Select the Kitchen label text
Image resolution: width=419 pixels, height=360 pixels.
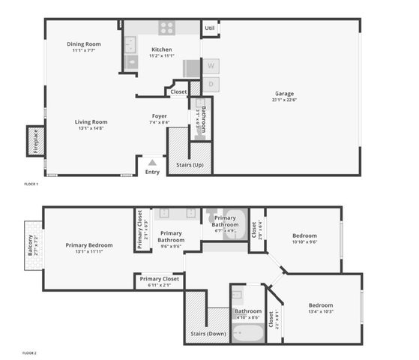coord(161,49)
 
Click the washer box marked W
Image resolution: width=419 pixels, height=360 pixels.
coord(211,66)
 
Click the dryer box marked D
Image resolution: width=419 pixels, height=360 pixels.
coord(211,85)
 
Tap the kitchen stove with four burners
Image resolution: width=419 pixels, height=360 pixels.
coord(166,28)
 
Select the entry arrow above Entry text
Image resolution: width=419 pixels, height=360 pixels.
coord(152,162)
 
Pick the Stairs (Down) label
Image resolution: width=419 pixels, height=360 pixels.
coord(208,334)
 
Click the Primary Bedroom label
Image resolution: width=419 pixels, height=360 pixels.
coord(88,245)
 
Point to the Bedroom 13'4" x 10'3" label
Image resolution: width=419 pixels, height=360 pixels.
coord(320,305)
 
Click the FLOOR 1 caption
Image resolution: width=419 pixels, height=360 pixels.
coord(30,184)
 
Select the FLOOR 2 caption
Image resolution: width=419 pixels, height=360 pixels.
coord(30,352)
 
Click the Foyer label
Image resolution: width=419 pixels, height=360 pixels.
coord(159,116)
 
